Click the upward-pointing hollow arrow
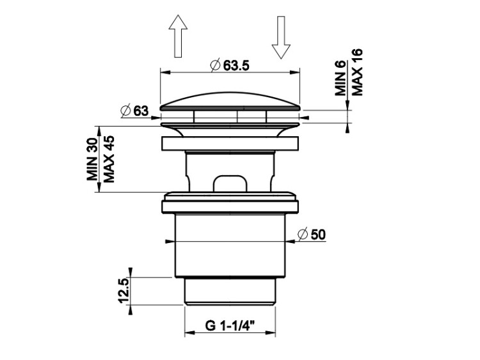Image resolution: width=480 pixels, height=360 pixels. pos(178,36)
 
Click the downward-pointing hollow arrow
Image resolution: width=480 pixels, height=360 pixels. pos(281,37)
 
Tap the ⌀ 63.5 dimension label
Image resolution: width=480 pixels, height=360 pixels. pos(230,65)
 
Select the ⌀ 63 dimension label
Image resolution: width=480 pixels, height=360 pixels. pos(134,111)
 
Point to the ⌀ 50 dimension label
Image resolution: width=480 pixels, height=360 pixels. pos(312,235)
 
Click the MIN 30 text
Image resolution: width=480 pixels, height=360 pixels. pos(92,159)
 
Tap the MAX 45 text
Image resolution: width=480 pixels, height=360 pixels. pos(109,159)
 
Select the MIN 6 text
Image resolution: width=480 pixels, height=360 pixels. pos(340,78)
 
